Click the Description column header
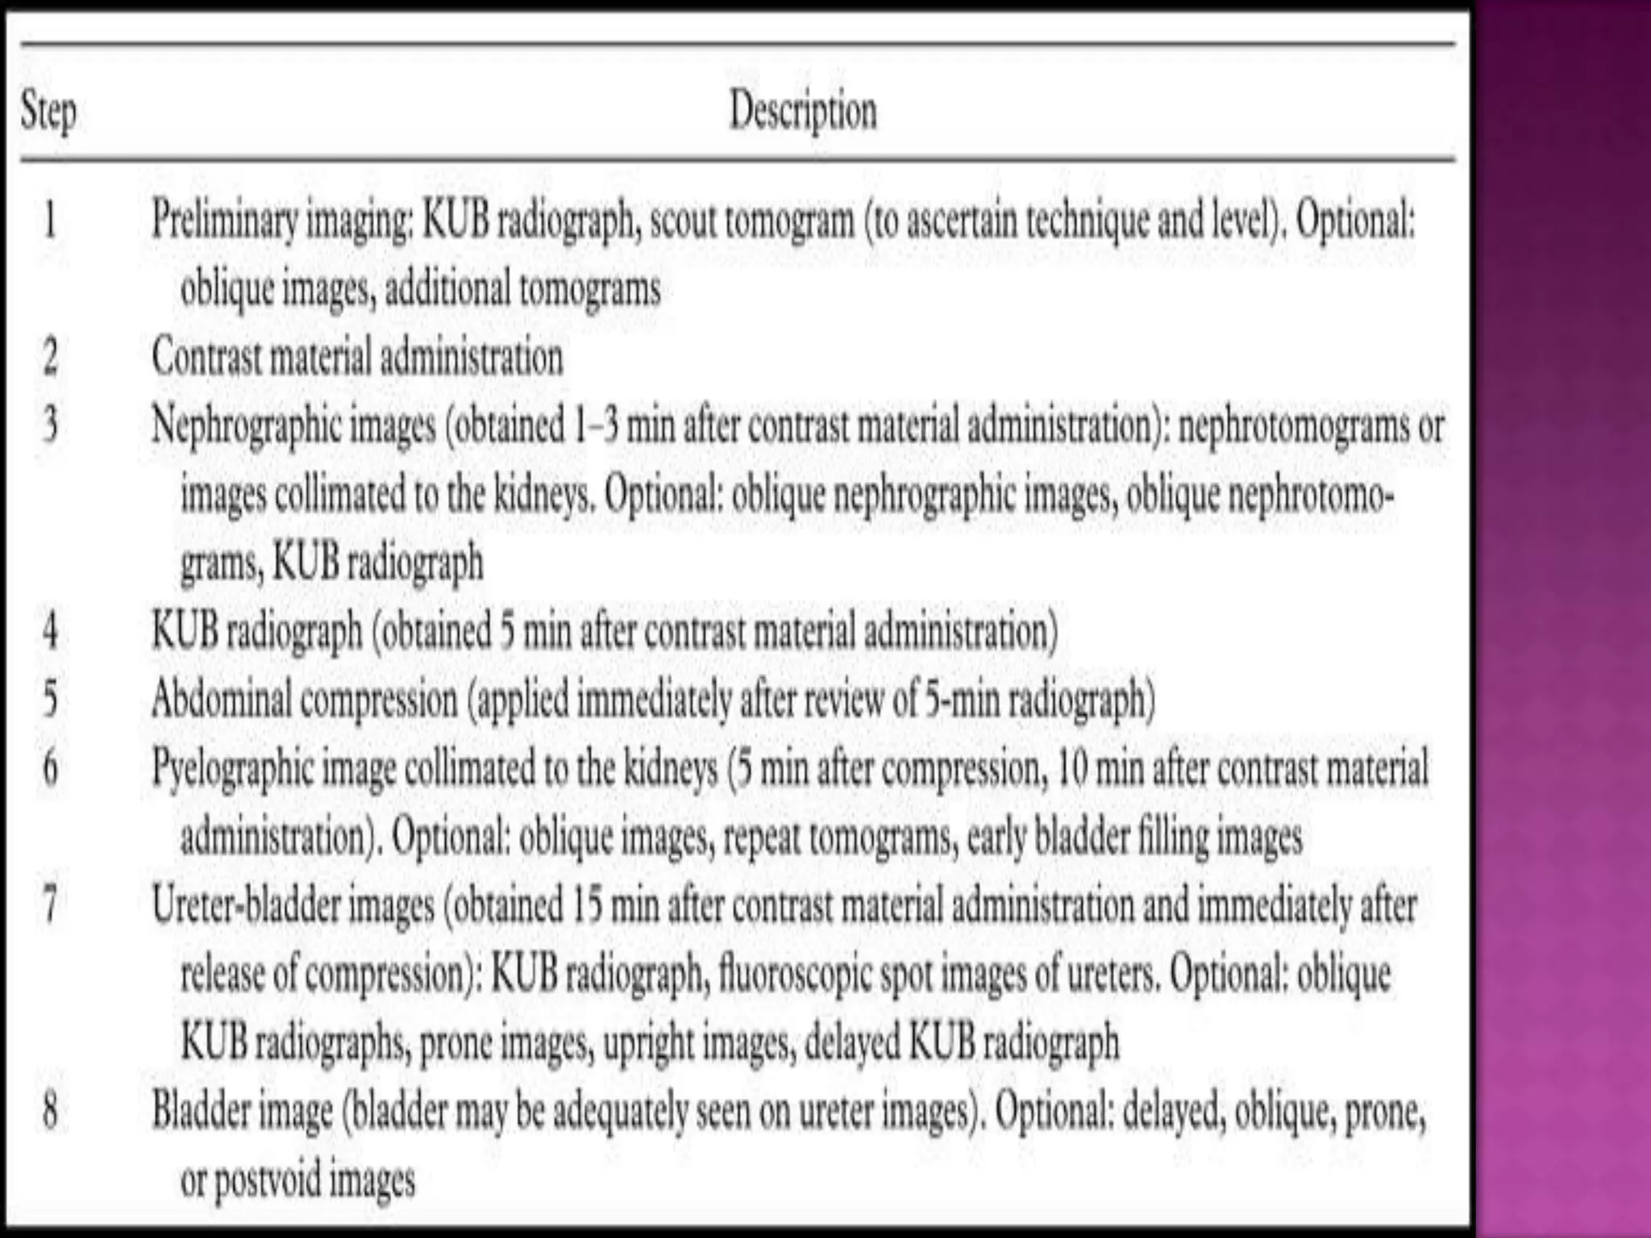tap(803, 111)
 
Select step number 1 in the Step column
tap(50, 219)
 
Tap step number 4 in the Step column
tap(50, 631)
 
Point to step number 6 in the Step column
tap(50, 768)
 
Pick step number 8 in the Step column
tap(50, 1111)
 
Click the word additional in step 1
tap(447, 288)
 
